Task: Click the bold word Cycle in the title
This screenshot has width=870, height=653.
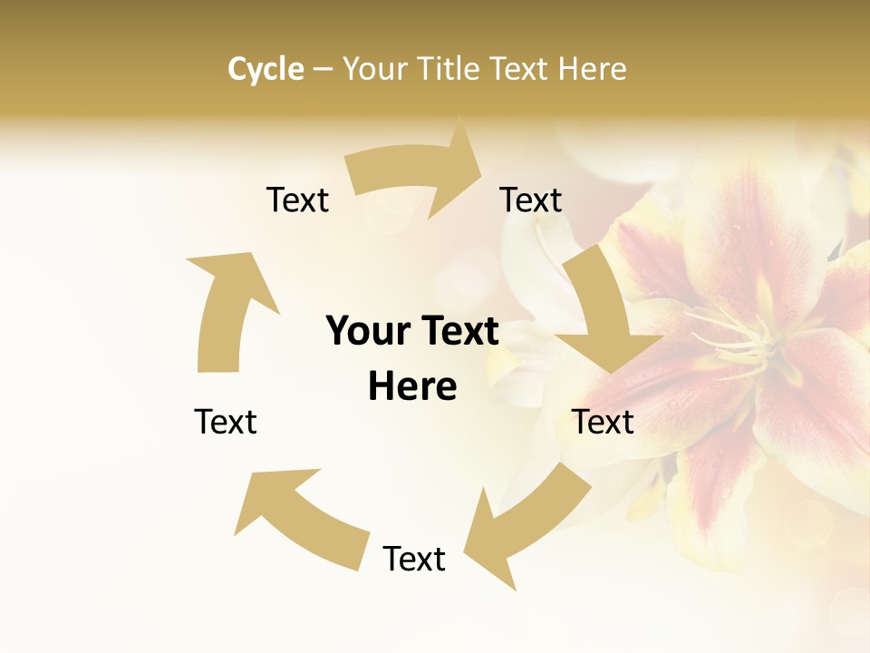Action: point(266,69)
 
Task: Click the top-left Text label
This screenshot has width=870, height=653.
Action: point(297,200)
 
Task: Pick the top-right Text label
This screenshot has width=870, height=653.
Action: point(531,200)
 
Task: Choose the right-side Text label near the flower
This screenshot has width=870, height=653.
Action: point(603,422)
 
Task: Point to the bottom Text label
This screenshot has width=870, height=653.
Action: point(414,559)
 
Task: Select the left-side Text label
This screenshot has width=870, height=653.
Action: point(226,422)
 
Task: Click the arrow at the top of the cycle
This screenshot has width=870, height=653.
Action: point(412,172)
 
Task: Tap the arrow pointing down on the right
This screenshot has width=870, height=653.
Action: point(603,313)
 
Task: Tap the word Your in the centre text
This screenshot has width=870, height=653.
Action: point(366,331)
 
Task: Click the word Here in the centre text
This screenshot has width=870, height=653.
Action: point(412,386)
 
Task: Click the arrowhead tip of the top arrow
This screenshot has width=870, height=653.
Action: point(479,163)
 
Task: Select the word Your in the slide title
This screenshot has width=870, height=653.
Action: point(373,69)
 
